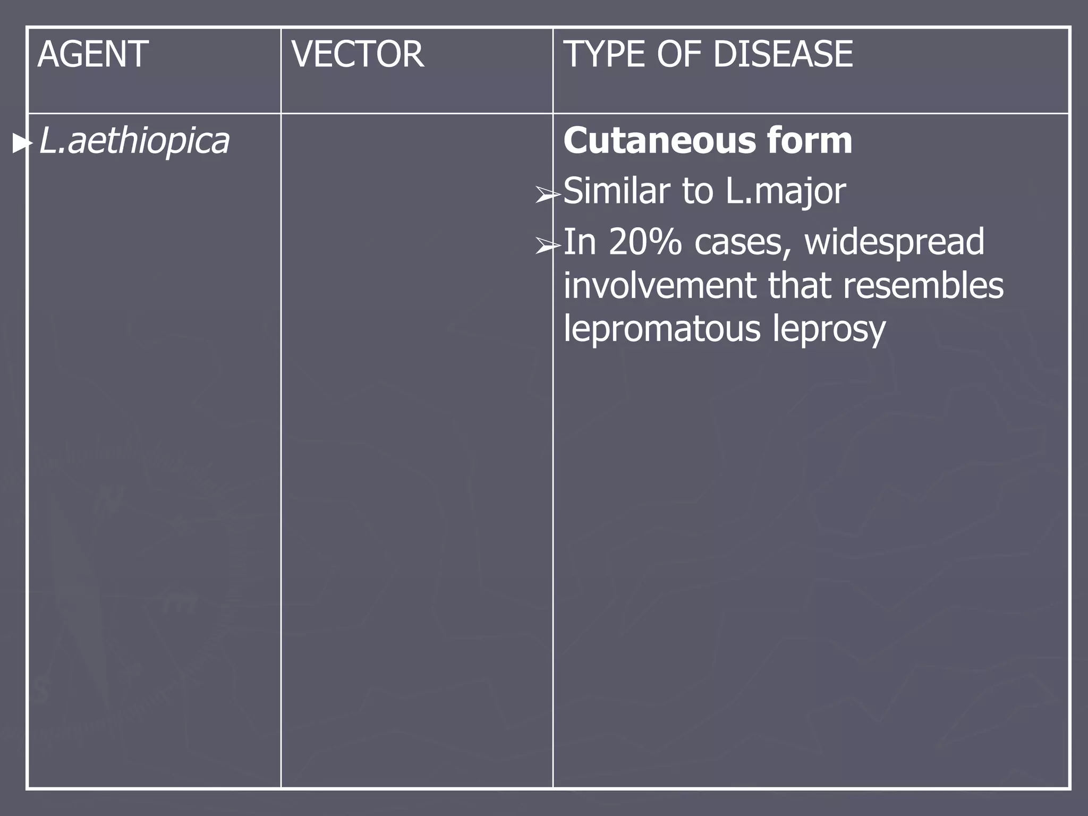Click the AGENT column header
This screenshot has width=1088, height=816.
point(93,55)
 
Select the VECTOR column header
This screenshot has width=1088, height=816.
point(358,55)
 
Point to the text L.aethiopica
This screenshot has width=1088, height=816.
point(134,141)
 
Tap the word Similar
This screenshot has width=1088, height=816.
point(616,191)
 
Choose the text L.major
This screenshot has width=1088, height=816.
point(785,192)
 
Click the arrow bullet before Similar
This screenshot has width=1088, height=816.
point(547,195)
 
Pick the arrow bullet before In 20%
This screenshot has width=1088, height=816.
point(547,245)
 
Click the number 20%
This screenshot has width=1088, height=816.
point(645,242)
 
